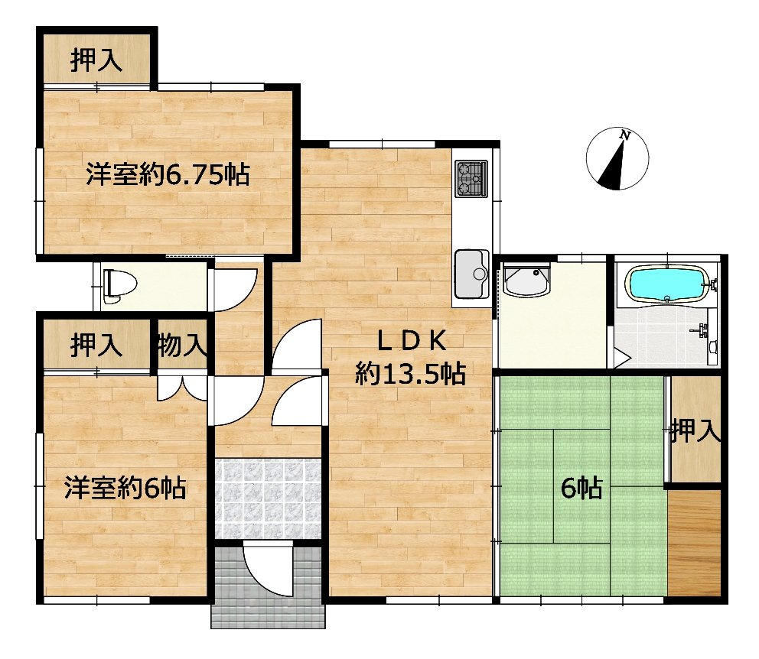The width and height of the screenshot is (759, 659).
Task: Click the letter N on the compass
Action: [x=625, y=136]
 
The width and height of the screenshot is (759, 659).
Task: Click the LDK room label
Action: [x=411, y=342]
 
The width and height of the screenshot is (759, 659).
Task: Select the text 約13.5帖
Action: [x=411, y=374]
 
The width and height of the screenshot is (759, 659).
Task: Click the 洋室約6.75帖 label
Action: [x=168, y=174]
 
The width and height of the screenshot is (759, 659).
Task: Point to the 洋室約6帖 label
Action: [x=125, y=488]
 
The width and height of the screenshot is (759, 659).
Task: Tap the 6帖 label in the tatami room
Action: [x=581, y=488]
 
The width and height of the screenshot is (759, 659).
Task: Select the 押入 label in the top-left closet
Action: [x=96, y=60]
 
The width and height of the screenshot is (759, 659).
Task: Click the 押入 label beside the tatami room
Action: [x=695, y=430]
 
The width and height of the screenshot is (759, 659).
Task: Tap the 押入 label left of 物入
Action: [x=96, y=346]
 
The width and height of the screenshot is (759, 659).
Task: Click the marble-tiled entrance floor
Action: [x=268, y=499]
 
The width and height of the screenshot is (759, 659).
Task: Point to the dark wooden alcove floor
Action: [x=694, y=544]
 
